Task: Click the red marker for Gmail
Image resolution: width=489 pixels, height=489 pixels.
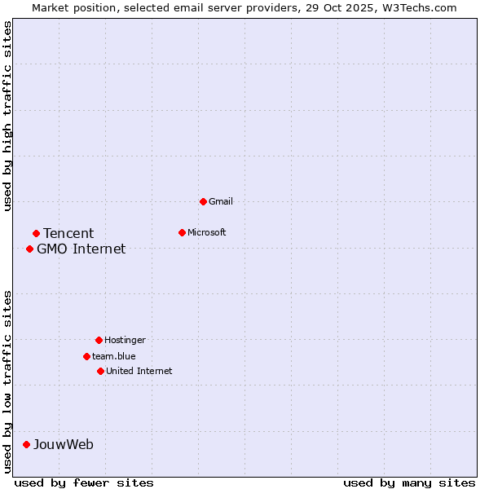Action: pos(203,201)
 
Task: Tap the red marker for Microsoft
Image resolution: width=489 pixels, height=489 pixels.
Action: pos(182,232)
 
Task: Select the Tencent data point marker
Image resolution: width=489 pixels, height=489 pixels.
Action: pos(36,234)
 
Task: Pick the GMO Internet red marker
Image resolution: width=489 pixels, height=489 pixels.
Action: pos(29,249)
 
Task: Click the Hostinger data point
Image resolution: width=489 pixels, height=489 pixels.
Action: pos(99,340)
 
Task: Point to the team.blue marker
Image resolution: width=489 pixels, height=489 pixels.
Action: pos(86,356)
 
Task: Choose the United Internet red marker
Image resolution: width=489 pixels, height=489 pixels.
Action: pos(100,371)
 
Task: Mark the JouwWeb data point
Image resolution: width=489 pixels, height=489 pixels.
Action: pos(26,444)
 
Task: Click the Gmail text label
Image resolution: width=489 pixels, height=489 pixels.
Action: pos(221,201)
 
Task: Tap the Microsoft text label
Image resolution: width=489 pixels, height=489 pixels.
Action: pos(207,232)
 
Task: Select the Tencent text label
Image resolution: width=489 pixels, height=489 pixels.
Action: pos(68,234)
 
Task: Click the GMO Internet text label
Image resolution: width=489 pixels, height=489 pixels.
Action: pos(81,249)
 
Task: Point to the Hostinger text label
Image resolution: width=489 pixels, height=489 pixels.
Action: pos(125,340)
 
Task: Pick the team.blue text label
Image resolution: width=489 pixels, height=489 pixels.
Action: pos(114,356)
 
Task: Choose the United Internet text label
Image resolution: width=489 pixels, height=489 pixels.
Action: pos(139,371)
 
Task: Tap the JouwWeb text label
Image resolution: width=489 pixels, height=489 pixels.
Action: pos(64,444)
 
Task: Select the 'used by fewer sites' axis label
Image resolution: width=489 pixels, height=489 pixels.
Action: pos(84,482)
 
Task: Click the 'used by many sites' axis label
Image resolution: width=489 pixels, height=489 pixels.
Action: pos(409,482)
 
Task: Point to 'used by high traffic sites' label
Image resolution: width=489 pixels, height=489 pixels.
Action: pos(7,116)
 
